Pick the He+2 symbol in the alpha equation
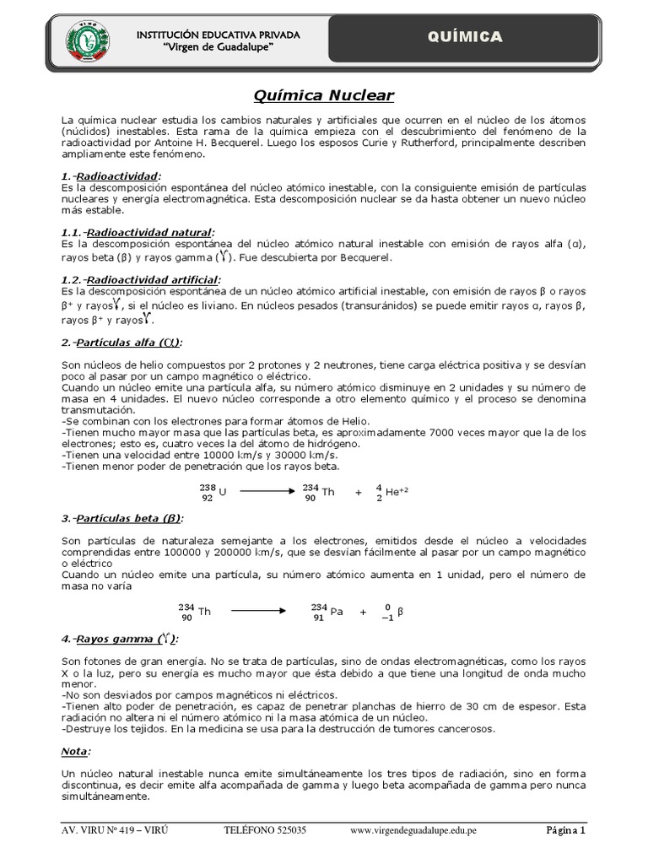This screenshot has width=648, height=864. click(390, 493)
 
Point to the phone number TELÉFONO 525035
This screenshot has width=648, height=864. click(265, 830)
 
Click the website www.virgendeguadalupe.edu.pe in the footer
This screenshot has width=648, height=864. click(413, 830)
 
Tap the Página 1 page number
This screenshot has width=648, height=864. click(564, 830)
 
